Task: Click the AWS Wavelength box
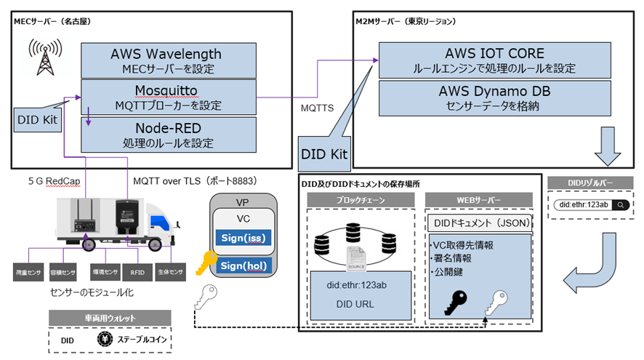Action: coord(166,60)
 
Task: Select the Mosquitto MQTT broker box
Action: coord(166,97)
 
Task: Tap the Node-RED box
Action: coord(168,133)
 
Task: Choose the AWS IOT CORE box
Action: coord(494,60)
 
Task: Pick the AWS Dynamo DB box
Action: coord(494,98)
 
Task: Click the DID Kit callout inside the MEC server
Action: coord(36,119)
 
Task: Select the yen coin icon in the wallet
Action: coord(105,340)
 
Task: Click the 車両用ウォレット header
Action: coord(109,318)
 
